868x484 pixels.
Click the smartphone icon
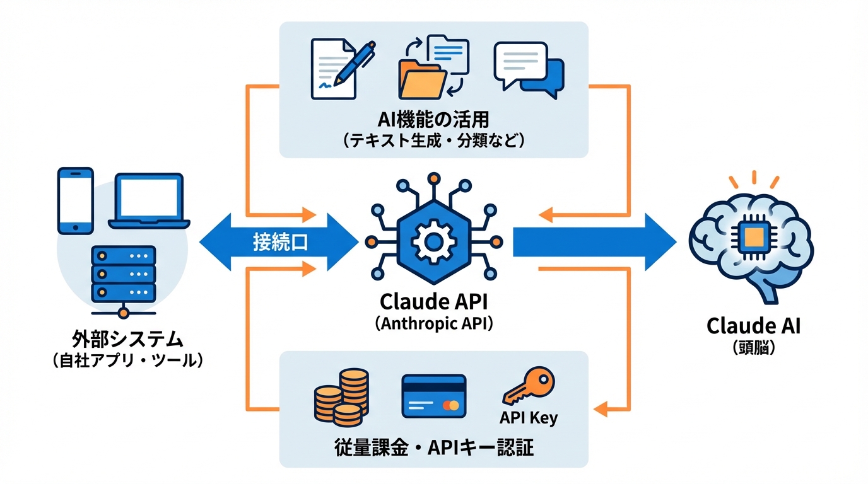(75, 200)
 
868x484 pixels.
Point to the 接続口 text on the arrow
(281, 243)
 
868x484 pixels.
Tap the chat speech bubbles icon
(529, 69)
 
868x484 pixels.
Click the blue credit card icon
(433, 396)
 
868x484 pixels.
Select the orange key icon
(528, 386)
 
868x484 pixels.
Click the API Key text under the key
(528, 418)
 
